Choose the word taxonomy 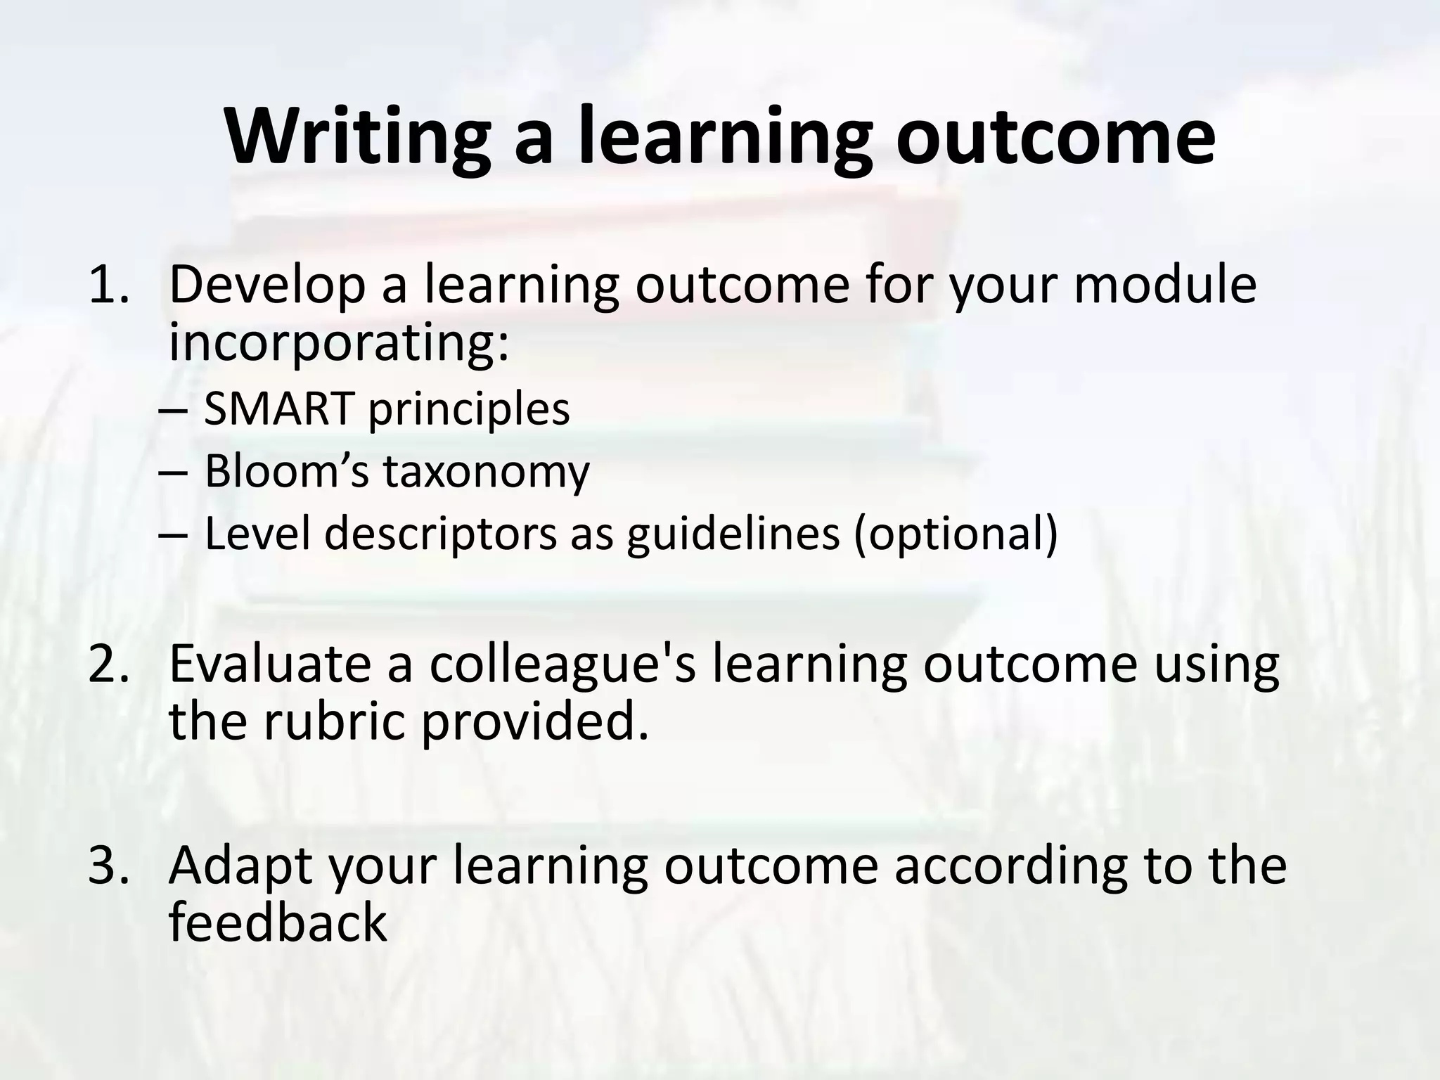[486, 472]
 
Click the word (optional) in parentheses [956, 534]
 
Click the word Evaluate [269, 664]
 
